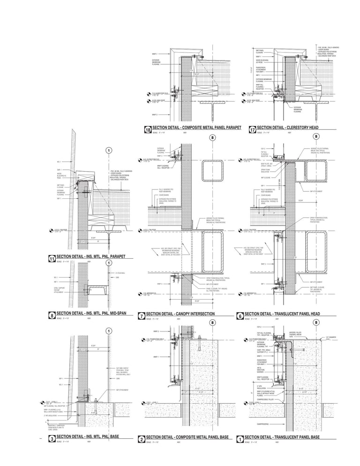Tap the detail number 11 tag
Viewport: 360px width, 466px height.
pos(52,258)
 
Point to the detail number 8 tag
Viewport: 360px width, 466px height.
pos(52,316)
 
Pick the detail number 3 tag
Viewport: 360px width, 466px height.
pos(52,439)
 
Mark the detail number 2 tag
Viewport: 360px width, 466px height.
pos(142,439)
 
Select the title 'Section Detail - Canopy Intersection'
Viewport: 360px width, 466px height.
pos(180,314)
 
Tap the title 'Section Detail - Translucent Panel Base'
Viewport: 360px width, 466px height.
pos(282,437)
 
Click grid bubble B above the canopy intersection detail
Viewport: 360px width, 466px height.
pos(212,138)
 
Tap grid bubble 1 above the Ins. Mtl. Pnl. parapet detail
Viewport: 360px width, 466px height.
pos(108,150)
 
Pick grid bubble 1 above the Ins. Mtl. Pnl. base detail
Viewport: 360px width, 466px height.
pos(108,331)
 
